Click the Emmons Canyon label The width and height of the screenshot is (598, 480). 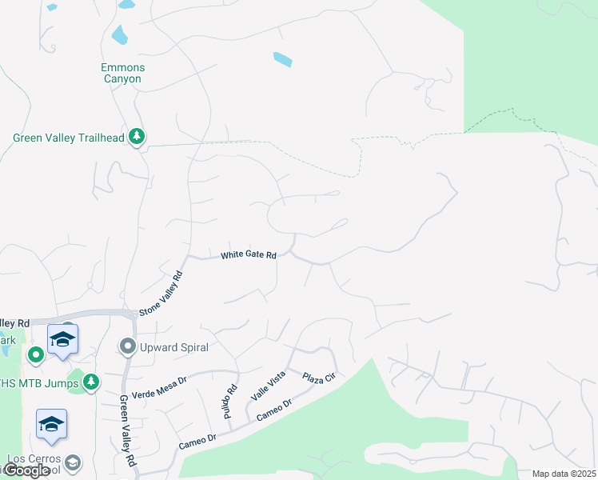point(122,74)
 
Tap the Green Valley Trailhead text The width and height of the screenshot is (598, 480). point(69,138)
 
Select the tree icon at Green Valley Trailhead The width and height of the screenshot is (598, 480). point(138,137)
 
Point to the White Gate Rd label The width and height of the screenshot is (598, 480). point(249,255)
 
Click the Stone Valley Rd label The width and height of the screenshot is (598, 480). point(161,294)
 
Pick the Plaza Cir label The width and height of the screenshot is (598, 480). point(318,376)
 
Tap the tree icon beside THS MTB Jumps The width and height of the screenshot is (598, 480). point(92,382)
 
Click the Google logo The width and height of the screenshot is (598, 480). point(26,470)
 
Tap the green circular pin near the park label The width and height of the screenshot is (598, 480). point(35,354)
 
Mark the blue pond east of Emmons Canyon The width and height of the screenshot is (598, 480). point(283,59)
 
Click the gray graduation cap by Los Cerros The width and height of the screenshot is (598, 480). point(73,462)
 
